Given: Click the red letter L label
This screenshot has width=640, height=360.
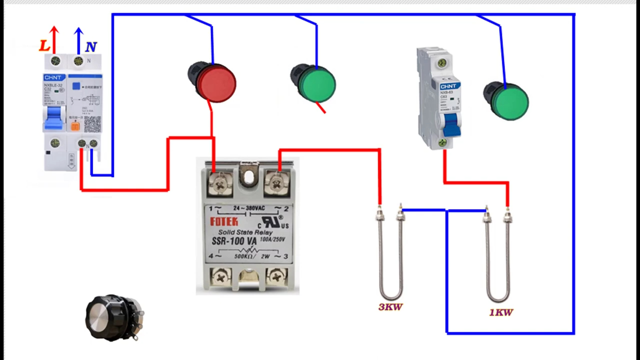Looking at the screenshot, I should tap(44, 46).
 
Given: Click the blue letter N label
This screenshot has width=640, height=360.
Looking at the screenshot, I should tap(90, 47).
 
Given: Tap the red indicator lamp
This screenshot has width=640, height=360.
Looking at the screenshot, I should tap(215, 82).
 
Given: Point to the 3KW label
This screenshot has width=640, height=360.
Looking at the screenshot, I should tap(390, 307).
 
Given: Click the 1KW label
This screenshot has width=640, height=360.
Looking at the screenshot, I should tap(501, 312).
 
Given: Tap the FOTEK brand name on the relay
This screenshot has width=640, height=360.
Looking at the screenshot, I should tap(224, 221).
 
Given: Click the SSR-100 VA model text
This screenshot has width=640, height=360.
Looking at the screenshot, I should tap(234, 241).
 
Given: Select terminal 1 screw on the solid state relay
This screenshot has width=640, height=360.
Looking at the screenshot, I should tap(219, 183).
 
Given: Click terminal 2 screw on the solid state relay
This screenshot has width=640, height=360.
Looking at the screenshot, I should tap(275, 183).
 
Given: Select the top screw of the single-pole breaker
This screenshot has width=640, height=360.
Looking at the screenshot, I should tap(441, 63).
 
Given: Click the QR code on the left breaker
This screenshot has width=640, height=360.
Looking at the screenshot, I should tap(92, 123).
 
